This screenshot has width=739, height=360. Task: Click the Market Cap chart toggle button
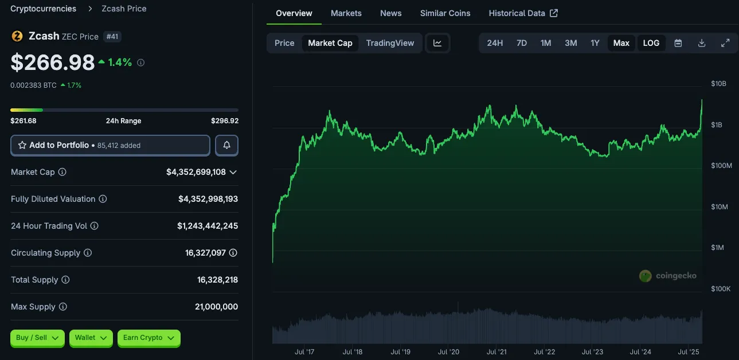330,43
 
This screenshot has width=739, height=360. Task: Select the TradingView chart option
390,43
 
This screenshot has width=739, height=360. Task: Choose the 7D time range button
522,43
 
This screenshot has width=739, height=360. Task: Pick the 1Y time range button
595,43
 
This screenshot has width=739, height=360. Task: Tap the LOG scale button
651,43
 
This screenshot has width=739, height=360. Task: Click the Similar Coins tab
445,13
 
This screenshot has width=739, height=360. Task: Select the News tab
391,13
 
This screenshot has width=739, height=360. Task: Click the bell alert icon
226,146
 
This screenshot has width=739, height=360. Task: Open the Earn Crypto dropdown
148,338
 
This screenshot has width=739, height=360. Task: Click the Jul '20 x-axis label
449,351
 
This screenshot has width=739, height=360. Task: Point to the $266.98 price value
53,62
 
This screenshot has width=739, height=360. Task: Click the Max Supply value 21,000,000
216,307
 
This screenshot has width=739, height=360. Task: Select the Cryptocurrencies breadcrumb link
43,9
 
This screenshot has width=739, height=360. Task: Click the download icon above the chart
702,43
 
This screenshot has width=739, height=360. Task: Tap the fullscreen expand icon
725,43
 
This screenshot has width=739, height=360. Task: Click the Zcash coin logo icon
17,36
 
